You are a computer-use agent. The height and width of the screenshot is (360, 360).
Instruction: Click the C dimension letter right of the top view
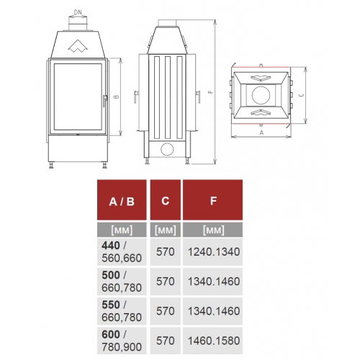[300, 94]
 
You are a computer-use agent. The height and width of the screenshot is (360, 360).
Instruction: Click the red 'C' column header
[166, 202]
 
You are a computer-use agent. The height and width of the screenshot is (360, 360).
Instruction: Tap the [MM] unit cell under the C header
[166, 231]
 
